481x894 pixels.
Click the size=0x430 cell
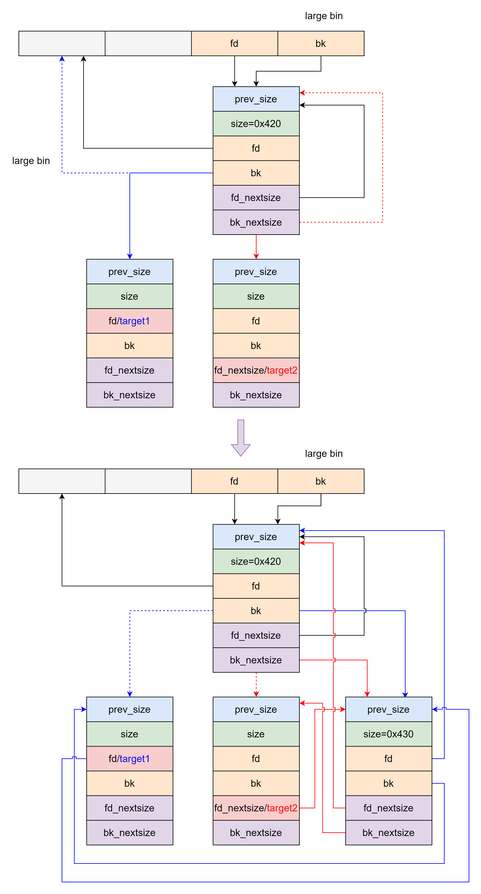point(388,734)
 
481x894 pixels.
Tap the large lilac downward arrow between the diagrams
point(241,438)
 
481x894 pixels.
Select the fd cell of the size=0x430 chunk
point(388,759)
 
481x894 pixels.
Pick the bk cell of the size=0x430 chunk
point(388,783)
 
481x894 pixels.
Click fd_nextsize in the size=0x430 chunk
point(388,808)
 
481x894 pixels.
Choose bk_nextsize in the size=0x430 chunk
point(388,832)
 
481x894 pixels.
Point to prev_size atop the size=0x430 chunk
point(388,709)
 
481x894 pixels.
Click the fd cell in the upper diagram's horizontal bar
point(234,43)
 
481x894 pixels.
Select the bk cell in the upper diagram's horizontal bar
point(321,43)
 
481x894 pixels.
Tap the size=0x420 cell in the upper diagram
point(256,124)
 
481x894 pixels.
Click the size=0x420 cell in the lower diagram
point(256,561)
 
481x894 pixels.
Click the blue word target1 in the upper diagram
point(135,321)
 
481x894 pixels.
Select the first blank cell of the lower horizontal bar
point(62,481)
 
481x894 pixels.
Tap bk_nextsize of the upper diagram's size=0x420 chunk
point(256,222)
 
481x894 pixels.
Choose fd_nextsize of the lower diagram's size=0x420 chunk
point(256,635)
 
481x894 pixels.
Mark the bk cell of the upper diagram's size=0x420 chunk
point(256,173)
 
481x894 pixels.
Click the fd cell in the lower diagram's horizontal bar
point(234,481)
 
